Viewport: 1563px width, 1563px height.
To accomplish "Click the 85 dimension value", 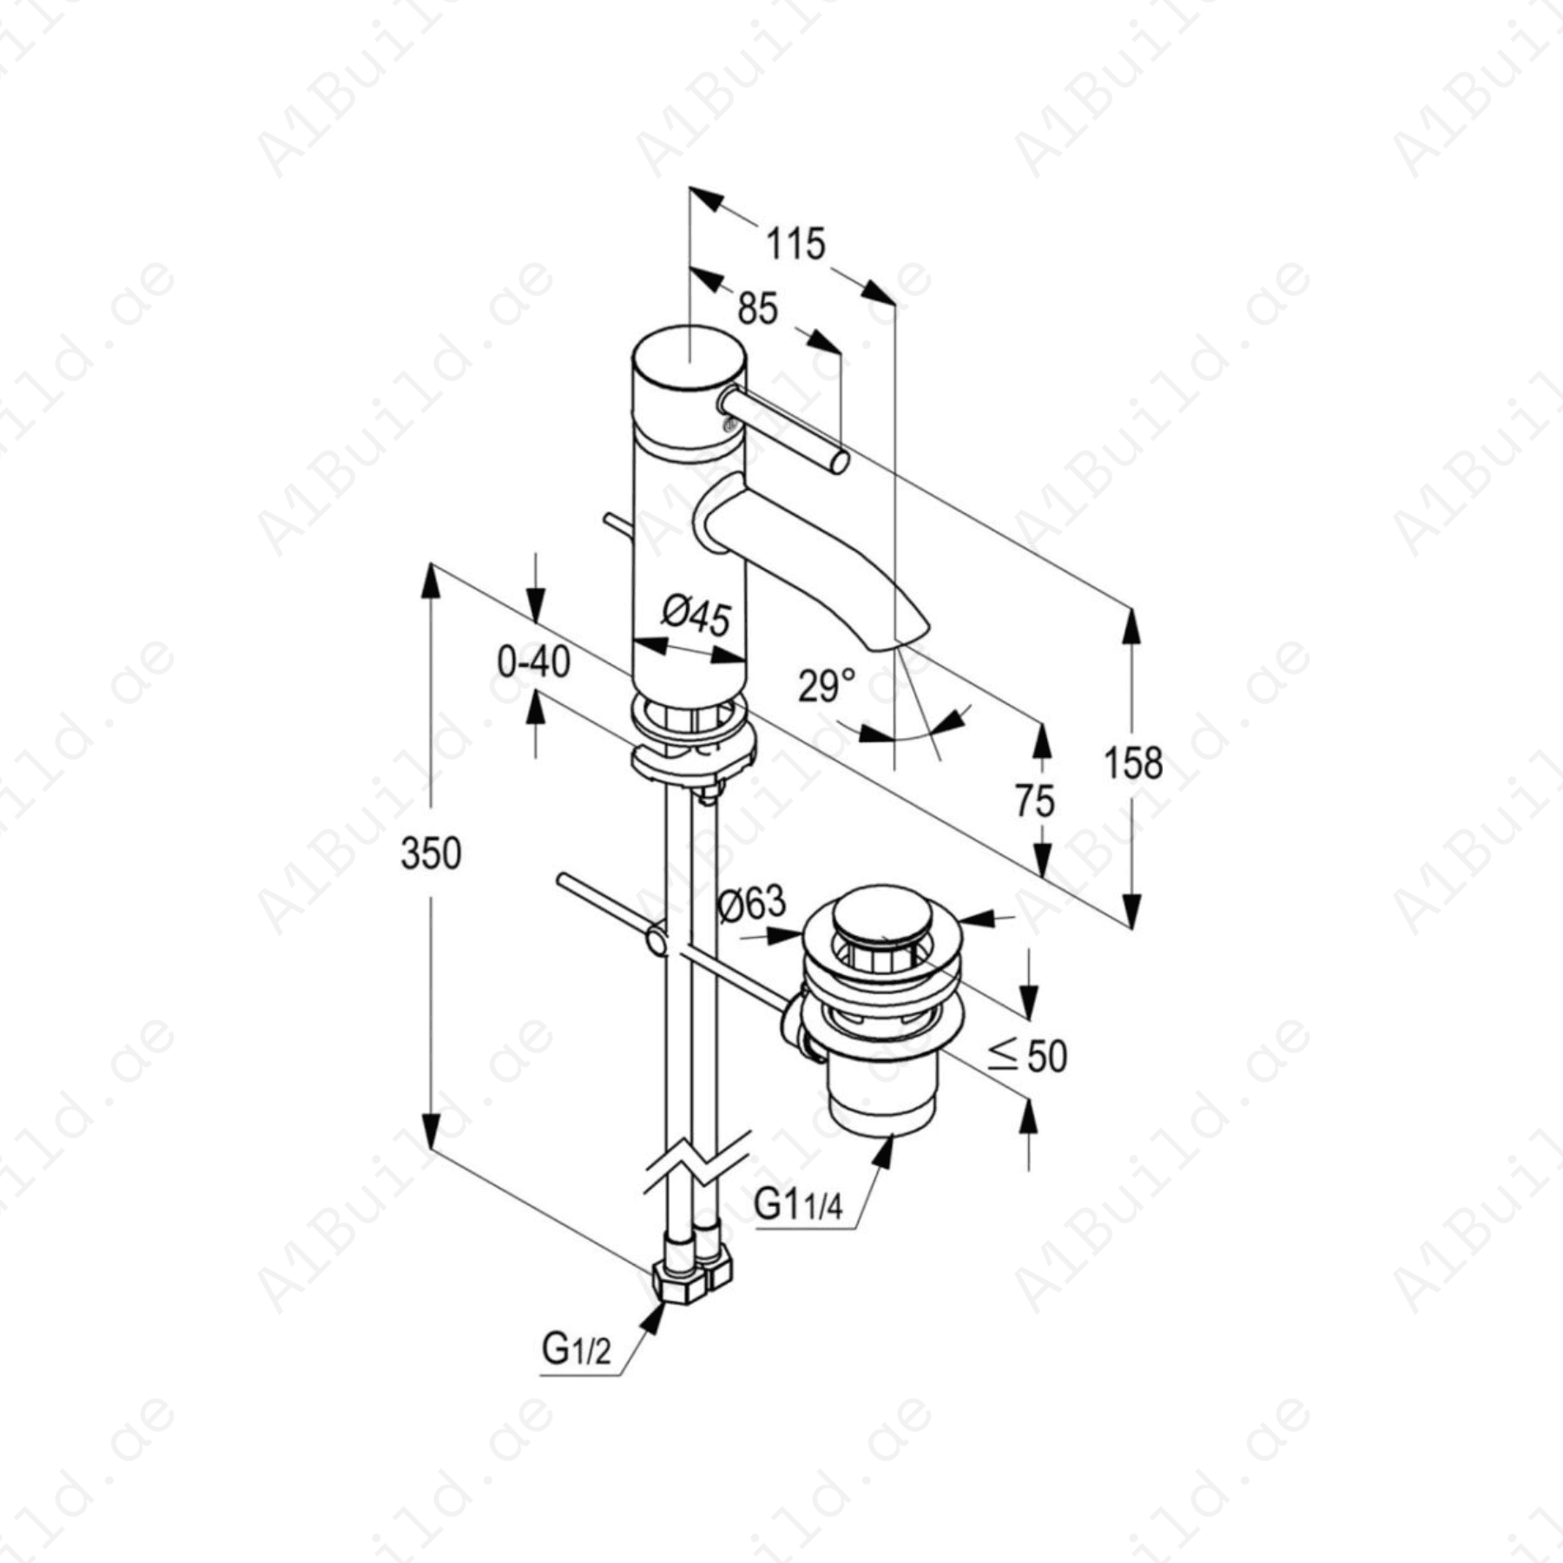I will [757, 308].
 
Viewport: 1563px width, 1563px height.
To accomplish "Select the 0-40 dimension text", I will [533, 663].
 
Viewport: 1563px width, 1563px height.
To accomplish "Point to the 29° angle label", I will [826, 686].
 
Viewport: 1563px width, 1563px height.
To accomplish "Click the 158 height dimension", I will [1132, 764].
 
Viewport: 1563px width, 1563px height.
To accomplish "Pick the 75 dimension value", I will [1034, 801].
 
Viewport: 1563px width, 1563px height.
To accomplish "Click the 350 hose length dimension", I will [431, 854].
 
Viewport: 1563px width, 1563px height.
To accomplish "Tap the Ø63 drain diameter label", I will [752, 904].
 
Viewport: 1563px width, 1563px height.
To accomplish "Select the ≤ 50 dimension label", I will [1028, 1056].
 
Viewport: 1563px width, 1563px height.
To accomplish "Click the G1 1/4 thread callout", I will [798, 1204].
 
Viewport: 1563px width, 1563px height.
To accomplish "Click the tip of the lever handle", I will [839, 463].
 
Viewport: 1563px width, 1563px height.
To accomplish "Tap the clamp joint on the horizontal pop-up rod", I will [657, 940].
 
